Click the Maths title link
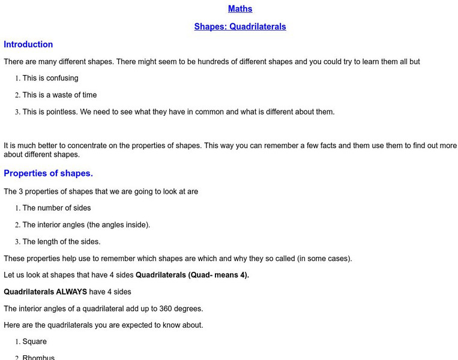tap(240, 9)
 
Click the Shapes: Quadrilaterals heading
tap(240, 27)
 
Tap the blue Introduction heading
tap(28, 44)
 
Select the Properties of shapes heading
tap(48, 173)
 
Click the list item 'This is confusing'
tap(50, 78)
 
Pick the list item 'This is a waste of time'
tap(59, 95)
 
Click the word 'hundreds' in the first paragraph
tap(183, 61)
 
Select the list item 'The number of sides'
tap(56, 208)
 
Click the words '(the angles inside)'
tap(117, 225)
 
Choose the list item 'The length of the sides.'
tap(61, 242)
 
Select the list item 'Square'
tap(34, 341)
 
